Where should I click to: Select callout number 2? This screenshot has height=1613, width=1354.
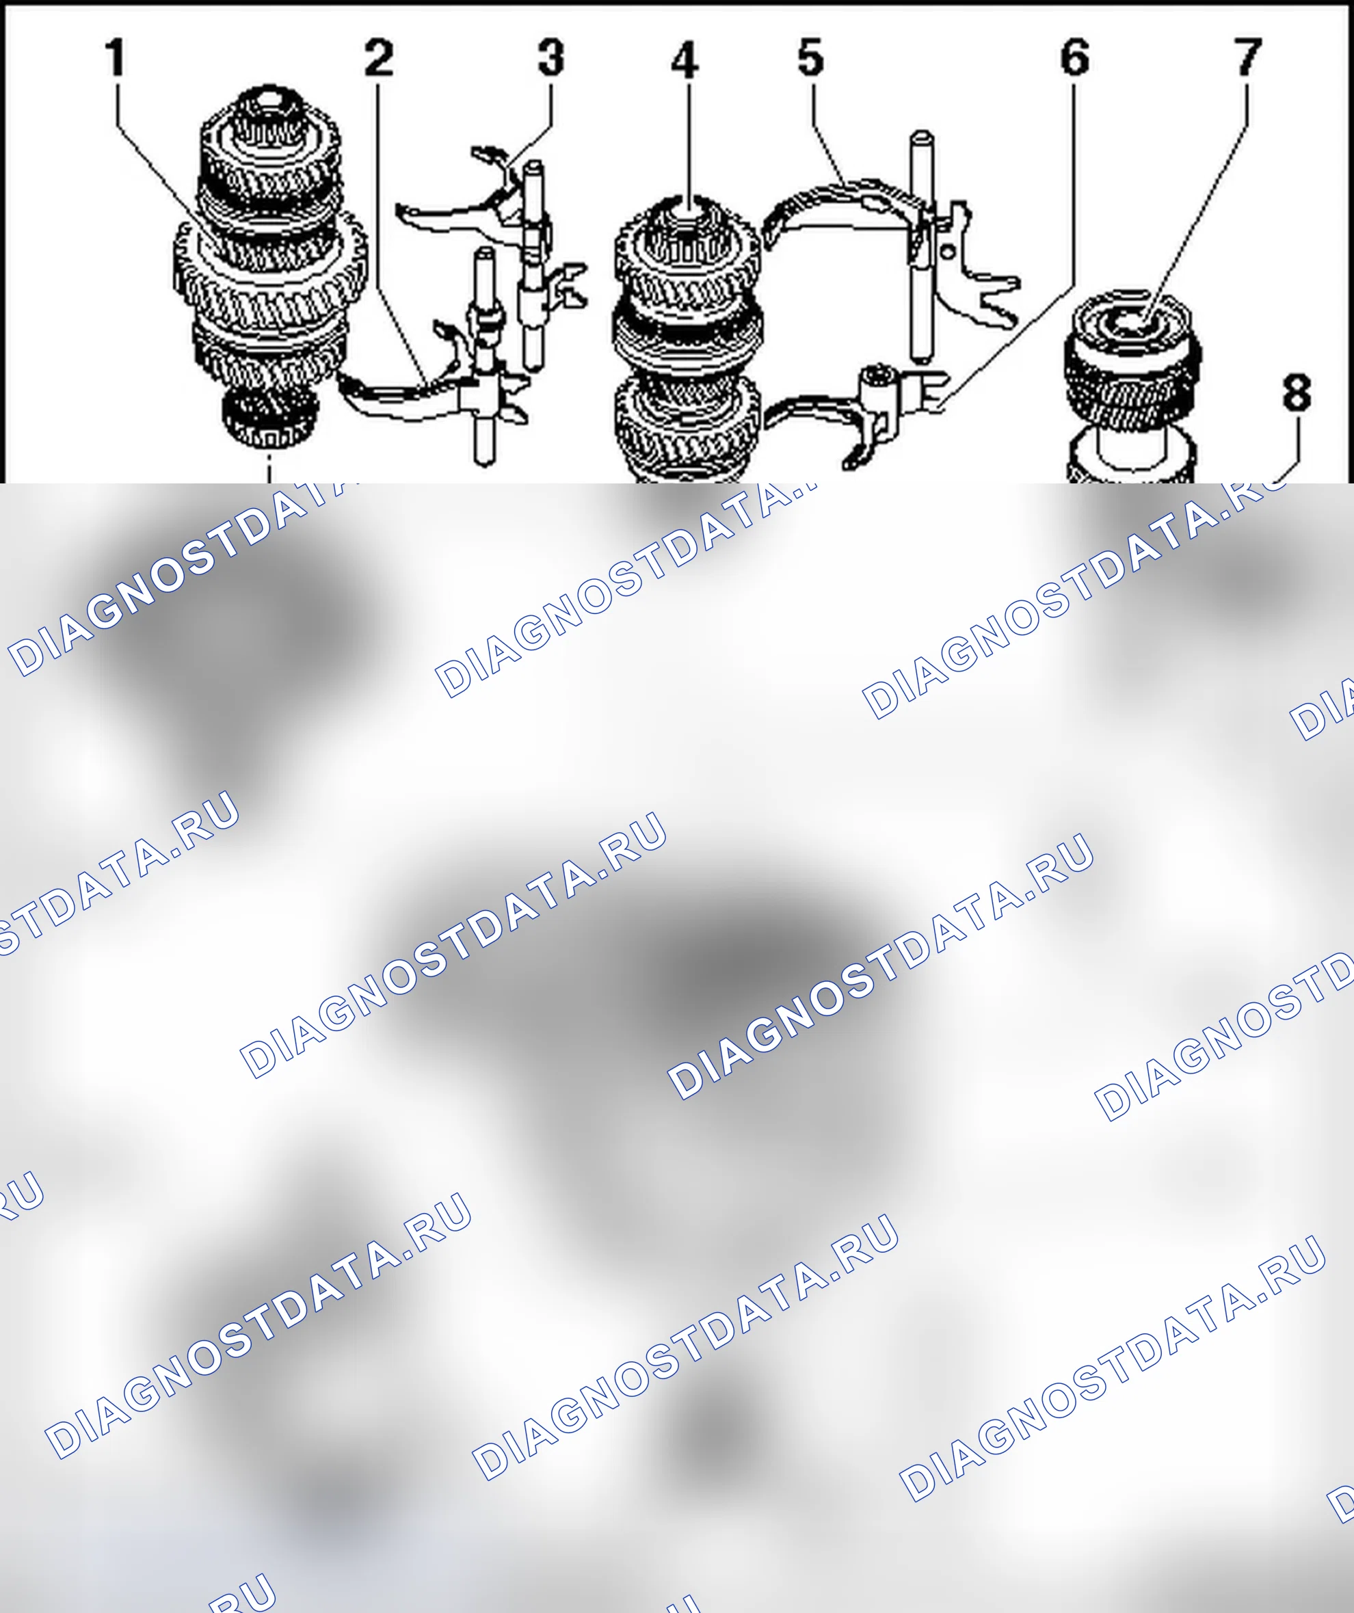coord(379,57)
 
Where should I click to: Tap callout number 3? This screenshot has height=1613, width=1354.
coord(550,57)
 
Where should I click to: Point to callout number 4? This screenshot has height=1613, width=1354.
coord(685,60)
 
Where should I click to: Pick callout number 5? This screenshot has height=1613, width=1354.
coord(811,57)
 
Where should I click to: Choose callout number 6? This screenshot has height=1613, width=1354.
coord(1074,57)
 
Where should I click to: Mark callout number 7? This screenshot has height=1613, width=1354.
coord(1248,57)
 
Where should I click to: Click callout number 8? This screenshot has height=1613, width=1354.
coord(1297,392)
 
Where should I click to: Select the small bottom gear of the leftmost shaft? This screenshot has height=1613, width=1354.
coord(269,418)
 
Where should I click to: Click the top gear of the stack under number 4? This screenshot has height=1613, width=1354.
coord(687,257)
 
